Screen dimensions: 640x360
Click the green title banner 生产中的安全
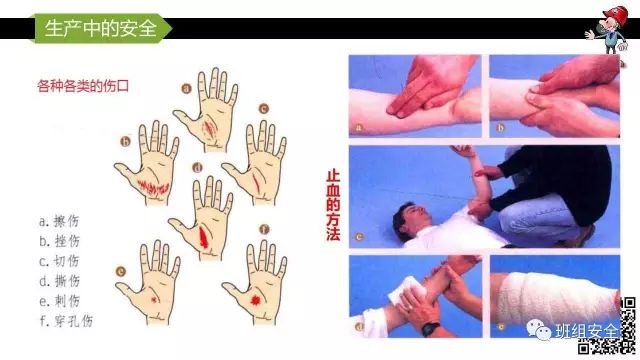101,28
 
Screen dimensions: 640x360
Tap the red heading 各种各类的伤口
83,86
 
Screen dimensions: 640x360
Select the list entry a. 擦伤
59,221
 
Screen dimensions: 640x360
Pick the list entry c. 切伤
59,261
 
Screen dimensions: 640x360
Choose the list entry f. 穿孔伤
66,320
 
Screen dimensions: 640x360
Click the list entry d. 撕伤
60,281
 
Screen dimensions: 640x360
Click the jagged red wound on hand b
153,187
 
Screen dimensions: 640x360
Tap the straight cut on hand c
256,182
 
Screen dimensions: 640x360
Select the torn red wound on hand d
203,237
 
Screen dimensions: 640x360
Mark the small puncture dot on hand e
154,300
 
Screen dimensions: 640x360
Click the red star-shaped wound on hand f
256,301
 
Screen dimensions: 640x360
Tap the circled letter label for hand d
198,168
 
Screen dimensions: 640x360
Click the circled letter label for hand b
125,142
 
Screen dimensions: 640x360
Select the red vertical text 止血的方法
333,205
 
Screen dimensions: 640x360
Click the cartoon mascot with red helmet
607,29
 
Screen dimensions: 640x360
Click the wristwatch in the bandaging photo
430,329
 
